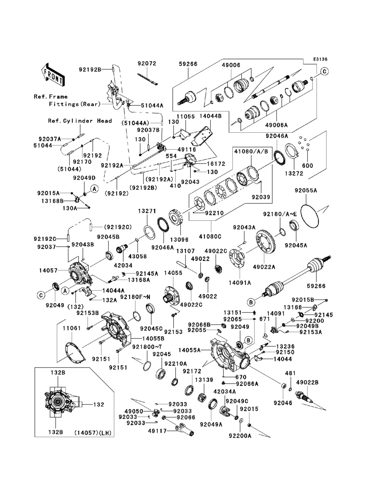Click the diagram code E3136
(x=320, y=59)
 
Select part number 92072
(x=147, y=64)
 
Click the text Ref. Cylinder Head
(x=80, y=121)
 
